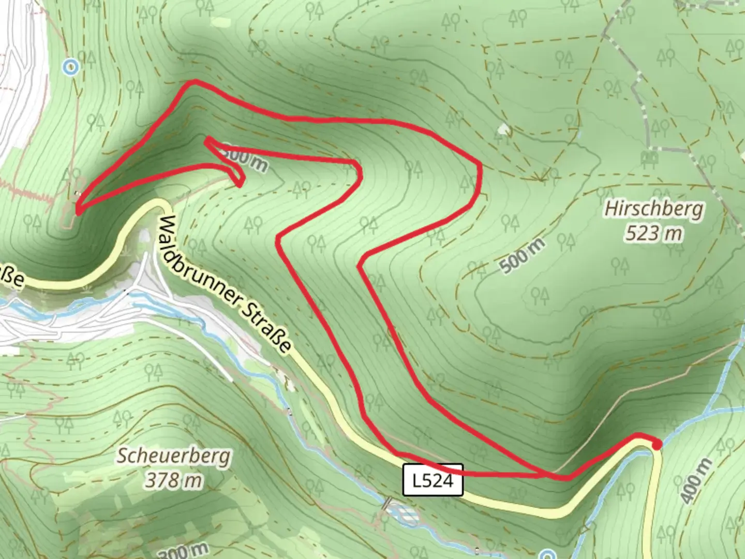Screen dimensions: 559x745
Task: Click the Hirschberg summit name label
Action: [654, 209]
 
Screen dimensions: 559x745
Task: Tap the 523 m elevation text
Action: [653, 233]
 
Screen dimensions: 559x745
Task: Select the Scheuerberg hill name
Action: [173, 457]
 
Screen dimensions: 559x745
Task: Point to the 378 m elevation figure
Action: [173, 480]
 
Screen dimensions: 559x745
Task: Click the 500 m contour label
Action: [523, 256]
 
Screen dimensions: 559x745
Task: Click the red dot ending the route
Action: [657, 444]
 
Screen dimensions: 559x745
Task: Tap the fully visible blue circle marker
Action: [70, 67]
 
